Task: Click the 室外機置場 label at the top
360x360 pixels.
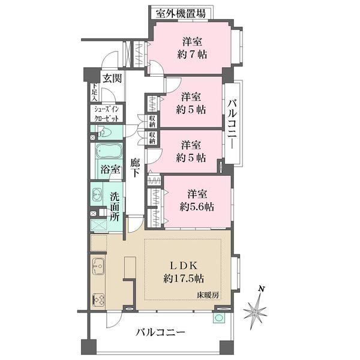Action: (x=181, y=14)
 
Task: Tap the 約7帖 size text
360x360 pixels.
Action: (x=192, y=55)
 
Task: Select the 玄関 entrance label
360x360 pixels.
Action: (x=112, y=79)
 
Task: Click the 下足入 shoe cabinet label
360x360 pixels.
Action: (x=95, y=92)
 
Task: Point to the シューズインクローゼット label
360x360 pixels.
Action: (x=107, y=114)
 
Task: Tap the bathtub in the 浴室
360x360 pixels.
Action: (x=109, y=151)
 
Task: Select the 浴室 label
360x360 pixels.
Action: (x=110, y=170)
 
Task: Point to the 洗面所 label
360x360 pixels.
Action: (x=115, y=207)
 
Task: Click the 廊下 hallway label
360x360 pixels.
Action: (x=135, y=168)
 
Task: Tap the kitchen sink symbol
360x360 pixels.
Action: (x=98, y=266)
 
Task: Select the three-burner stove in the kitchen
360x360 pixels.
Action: (x=98, y=300)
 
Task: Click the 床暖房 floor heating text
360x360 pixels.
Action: (x=208, y=295)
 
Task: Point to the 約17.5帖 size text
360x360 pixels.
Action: (x=184, y=279)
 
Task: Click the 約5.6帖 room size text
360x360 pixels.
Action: (x=197, y=206)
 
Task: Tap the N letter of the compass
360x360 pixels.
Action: (x=261, y=289)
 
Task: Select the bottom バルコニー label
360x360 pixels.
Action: (x=160, y=332)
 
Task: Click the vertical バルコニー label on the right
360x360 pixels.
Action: (x=232, y=124)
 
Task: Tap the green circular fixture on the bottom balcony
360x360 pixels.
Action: (x=219, y=318)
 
